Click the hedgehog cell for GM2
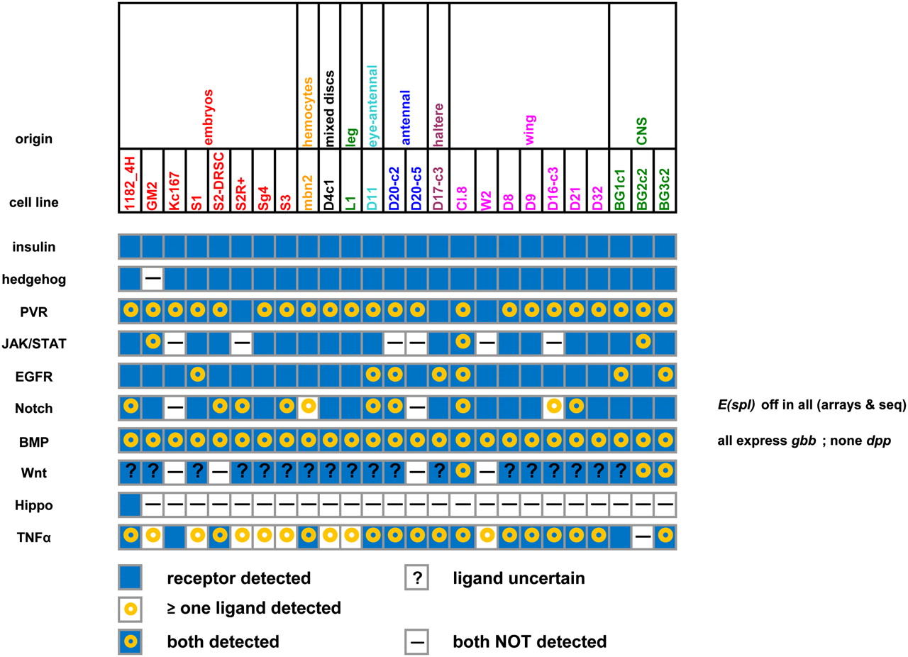pyautogui.click(x=153, y=279)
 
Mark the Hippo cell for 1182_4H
pyautogui.click(x=131, y=504)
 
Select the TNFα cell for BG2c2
pyautogui.click(x=642, y=536)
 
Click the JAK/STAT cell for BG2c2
pyautogui.click(x=642, y=342)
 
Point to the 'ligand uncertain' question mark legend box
pyautogui.click(x=417, y=578)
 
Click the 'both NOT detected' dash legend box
pyautogui.click(x=417, y=641)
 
